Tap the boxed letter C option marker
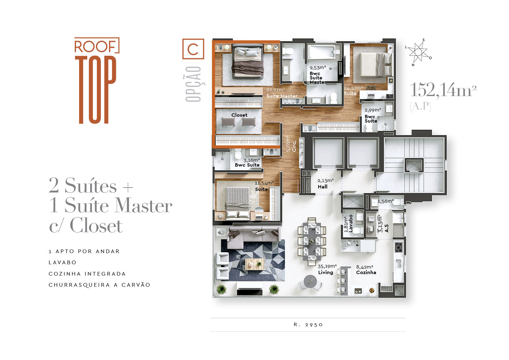[x=193, y=49]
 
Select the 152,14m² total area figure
[x=443, y=90]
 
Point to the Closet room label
[x=239, y=115]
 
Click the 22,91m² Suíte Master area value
[x=276, y=90]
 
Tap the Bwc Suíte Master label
[x=318, y=78]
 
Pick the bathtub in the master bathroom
[x=322, y=52]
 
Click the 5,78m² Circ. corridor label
[x=291, y=144]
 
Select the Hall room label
[x=323, y=187]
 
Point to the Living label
[x=326, y=272]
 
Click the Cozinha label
[x=366, y=272]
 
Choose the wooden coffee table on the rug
[x=255, y=264]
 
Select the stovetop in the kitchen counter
[x=398, y=247]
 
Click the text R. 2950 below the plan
[x=308, y=325]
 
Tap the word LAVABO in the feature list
[x=62, y=262]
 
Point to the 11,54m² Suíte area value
[x=264, y=183]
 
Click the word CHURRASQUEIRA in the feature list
[x=79, y=285]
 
